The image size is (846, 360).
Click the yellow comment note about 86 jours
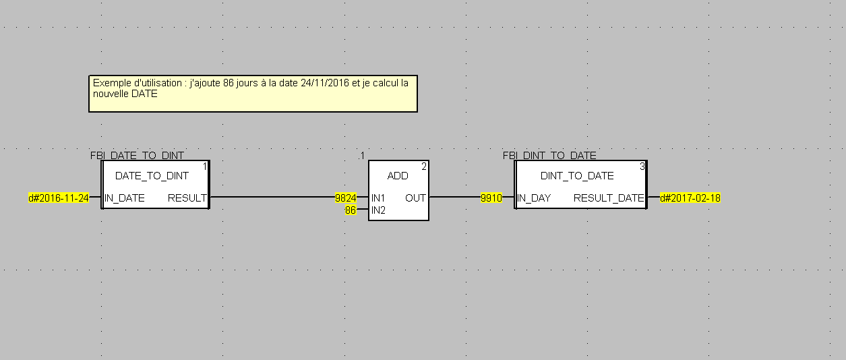[253, 93]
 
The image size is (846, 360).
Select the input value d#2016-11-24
[58, 198]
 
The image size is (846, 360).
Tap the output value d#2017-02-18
[690, 198]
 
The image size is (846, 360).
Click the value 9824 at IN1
[346, 198]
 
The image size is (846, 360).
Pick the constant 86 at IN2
[351, 210]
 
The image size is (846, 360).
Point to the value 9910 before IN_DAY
[491, 198]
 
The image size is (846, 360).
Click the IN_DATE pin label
[125, 198]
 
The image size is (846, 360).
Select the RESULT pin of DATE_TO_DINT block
[187, 198]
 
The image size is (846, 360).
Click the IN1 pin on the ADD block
[379, 198]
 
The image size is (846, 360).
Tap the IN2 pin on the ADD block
[379, 210]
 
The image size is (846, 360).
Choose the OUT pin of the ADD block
[415, 198]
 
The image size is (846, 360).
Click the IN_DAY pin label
[534, 198]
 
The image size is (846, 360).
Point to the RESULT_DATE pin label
[609, 198]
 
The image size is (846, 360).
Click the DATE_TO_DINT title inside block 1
[152, 176]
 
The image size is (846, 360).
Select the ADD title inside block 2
[398, 176]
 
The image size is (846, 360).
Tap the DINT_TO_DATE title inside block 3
[577, 176]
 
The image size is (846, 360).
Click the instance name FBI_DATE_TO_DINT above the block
[137, 156]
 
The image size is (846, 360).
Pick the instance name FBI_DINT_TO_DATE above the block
[549, 156]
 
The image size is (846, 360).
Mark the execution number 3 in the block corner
[642, 166]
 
